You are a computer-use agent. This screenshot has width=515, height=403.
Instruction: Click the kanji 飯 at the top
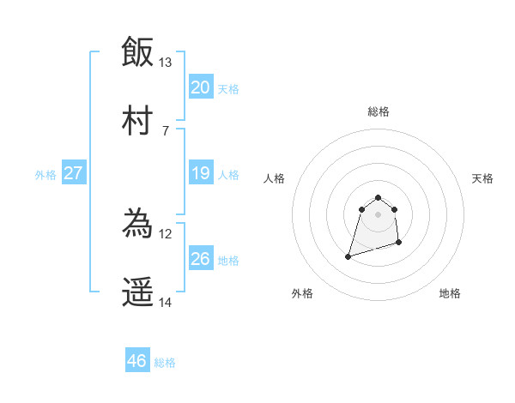coord(137,51)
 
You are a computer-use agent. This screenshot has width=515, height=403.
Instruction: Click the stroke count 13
coord(166,63)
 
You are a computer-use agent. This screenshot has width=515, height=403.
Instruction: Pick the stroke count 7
coord(166,131)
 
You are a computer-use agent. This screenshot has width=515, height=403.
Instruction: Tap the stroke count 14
coord(166,303)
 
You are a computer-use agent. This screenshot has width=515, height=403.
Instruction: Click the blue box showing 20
coord(201,87)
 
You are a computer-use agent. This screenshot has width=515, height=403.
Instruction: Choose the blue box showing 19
coord(201,173)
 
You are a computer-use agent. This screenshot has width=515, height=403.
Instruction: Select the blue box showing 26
coord(201,259)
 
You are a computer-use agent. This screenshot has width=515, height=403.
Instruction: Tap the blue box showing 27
coord(73,173)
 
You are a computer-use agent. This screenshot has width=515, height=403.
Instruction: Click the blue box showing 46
coord(137,361)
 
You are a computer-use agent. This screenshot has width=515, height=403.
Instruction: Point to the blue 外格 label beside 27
coord(45,174)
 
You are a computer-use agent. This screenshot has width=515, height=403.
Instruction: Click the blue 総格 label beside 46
coord(165,362)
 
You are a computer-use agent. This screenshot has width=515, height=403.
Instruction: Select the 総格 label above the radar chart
coord(379,111)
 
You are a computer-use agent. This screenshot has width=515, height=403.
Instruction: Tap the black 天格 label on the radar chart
coord(483,178)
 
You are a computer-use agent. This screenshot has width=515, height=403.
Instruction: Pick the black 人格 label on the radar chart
coord(275,178)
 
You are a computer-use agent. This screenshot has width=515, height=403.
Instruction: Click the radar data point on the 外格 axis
coord(348,256)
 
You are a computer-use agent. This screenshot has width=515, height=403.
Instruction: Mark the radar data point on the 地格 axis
coord(399,244)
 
